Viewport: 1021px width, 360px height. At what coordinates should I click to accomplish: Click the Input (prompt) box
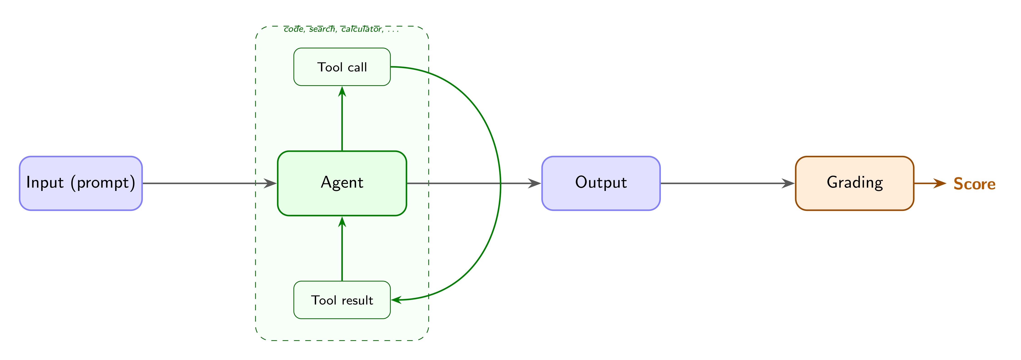click(81, 183)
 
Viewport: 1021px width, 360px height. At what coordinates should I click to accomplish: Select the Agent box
click(342, 183)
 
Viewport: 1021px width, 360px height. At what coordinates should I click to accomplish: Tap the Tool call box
click(342, 67)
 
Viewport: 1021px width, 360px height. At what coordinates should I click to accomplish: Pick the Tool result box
click(342, 300)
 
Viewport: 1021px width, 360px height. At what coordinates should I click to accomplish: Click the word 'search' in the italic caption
click(322, 29)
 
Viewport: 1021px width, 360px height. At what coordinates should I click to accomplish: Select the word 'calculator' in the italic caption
click(362, 29)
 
